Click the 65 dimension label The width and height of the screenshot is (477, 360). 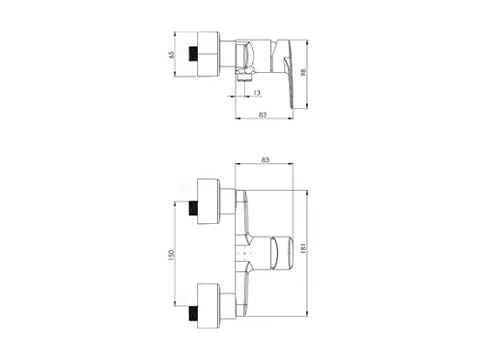pyautogui.click(x=172, y=55)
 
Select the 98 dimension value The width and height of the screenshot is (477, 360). pyautogui.click(x=303, y=72)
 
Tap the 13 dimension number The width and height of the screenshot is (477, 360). pyautogui.click(x=257, y=93)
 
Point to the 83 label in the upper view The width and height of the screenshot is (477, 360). pyautogui.click(x=263, y=114)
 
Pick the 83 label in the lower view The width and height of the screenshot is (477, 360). pyautogui.click(x=265, y=160)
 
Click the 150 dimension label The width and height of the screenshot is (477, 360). pyautogui.click(x=171, y=255)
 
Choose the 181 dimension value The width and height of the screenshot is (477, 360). pyautogui.click(x=303, y=248)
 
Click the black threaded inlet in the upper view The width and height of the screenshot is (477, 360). pyautogui.click(x=193, y=54)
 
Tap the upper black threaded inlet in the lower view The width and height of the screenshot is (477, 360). pyautogui.click(x=193, y=209)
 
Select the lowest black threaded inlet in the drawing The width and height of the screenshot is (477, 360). pyautogui.click(x=193, y=313)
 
